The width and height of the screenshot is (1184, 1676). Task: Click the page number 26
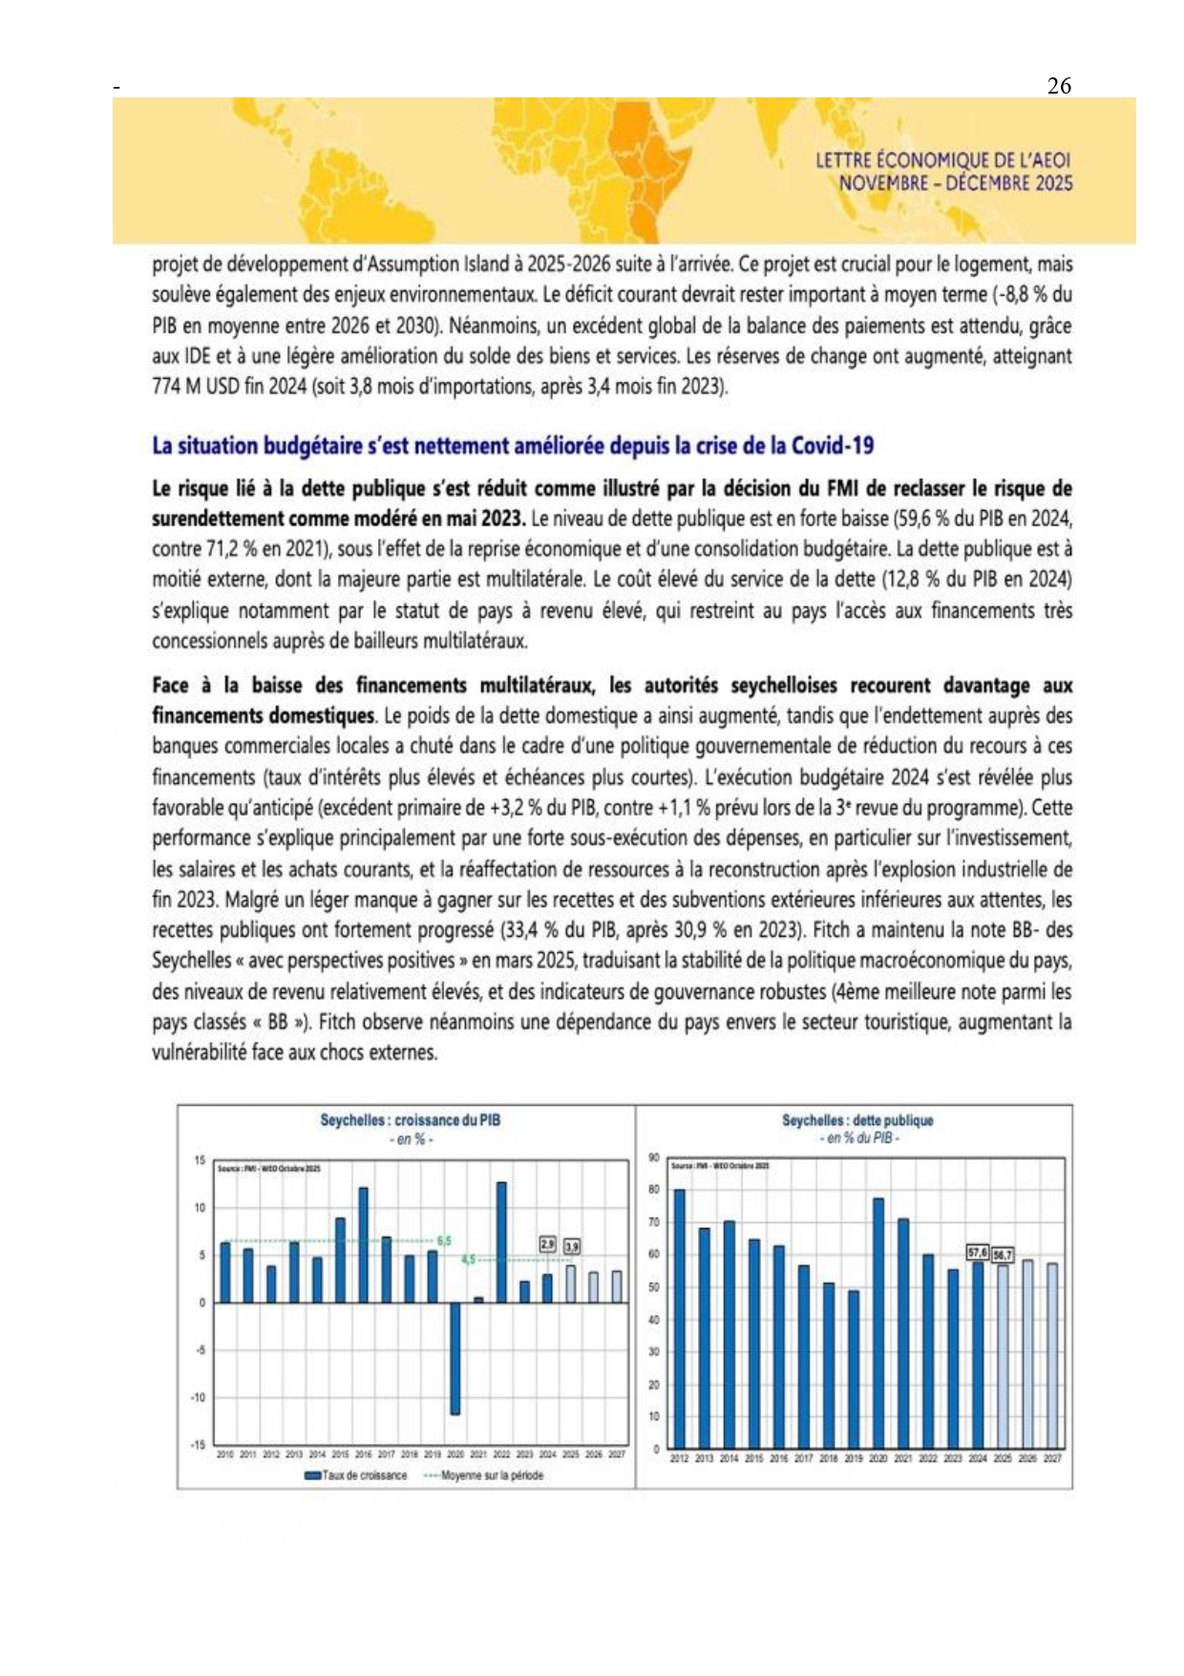coord(1059,86)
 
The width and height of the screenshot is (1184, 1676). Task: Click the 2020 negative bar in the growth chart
coord(455,1358)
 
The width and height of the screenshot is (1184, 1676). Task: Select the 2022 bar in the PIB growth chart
coord(501,1242)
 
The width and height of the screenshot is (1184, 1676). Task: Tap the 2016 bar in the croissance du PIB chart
coord(363,1245)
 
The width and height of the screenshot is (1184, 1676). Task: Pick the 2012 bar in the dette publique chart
coord(679,1318)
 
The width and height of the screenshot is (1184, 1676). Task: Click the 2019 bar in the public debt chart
coord(854,1368)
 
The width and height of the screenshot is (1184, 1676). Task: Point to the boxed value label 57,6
coord(978,1252)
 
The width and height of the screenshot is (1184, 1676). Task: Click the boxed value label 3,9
coord(571,1246)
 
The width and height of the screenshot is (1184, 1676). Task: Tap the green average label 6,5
coord(444,1241)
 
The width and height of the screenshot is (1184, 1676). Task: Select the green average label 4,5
coord(468,1260)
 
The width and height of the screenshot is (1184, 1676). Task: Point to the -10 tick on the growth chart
coord(198,1397)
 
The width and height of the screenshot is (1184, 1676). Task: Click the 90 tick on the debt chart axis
coord(654,1157)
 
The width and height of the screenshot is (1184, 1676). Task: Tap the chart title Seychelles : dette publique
coord(857,1120)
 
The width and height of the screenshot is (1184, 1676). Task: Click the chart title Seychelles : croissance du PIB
coord(410,1120)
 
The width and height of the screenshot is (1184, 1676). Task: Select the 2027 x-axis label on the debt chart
coord(1052,1458)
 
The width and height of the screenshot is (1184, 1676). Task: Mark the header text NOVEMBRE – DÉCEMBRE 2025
coord(955,182)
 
